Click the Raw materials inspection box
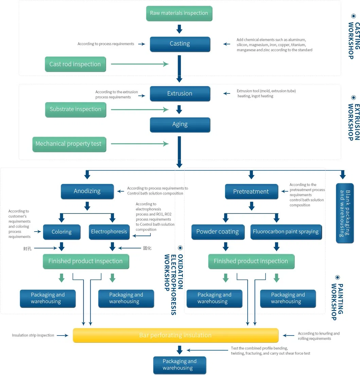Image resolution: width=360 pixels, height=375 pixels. (x=179, y=13)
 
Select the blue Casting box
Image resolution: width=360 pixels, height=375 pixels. (x=180, y=44)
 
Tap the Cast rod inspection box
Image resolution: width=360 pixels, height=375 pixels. (x=75, y=64)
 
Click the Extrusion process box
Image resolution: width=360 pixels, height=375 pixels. (x=180, y=93)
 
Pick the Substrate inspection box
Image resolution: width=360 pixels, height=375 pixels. (x=75, y=109)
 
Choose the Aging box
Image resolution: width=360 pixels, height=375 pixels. (x=180, y=124)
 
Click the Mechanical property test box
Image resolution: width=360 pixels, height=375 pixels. (x=69, y=144)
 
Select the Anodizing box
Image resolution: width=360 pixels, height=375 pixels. (x=87, y=191)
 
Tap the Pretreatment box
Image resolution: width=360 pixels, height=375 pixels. (x=251, y=192)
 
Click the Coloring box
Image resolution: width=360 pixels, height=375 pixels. (x=61, y=232)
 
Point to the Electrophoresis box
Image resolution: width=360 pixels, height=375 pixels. (x=109, y=232)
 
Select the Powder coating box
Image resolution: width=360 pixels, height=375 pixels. (x=217, y=232)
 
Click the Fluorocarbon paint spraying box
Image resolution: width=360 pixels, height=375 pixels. (x=286, y=232)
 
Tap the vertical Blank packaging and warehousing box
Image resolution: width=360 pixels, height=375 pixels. (x=345, y=213)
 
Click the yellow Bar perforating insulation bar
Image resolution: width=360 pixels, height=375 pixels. (x=175, y=335)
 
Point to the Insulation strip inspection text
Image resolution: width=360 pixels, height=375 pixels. (x=33, y=335)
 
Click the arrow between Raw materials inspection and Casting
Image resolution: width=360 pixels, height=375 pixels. (x=179, y=29)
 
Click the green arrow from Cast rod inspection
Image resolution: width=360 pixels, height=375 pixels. (x=139, y=64)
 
